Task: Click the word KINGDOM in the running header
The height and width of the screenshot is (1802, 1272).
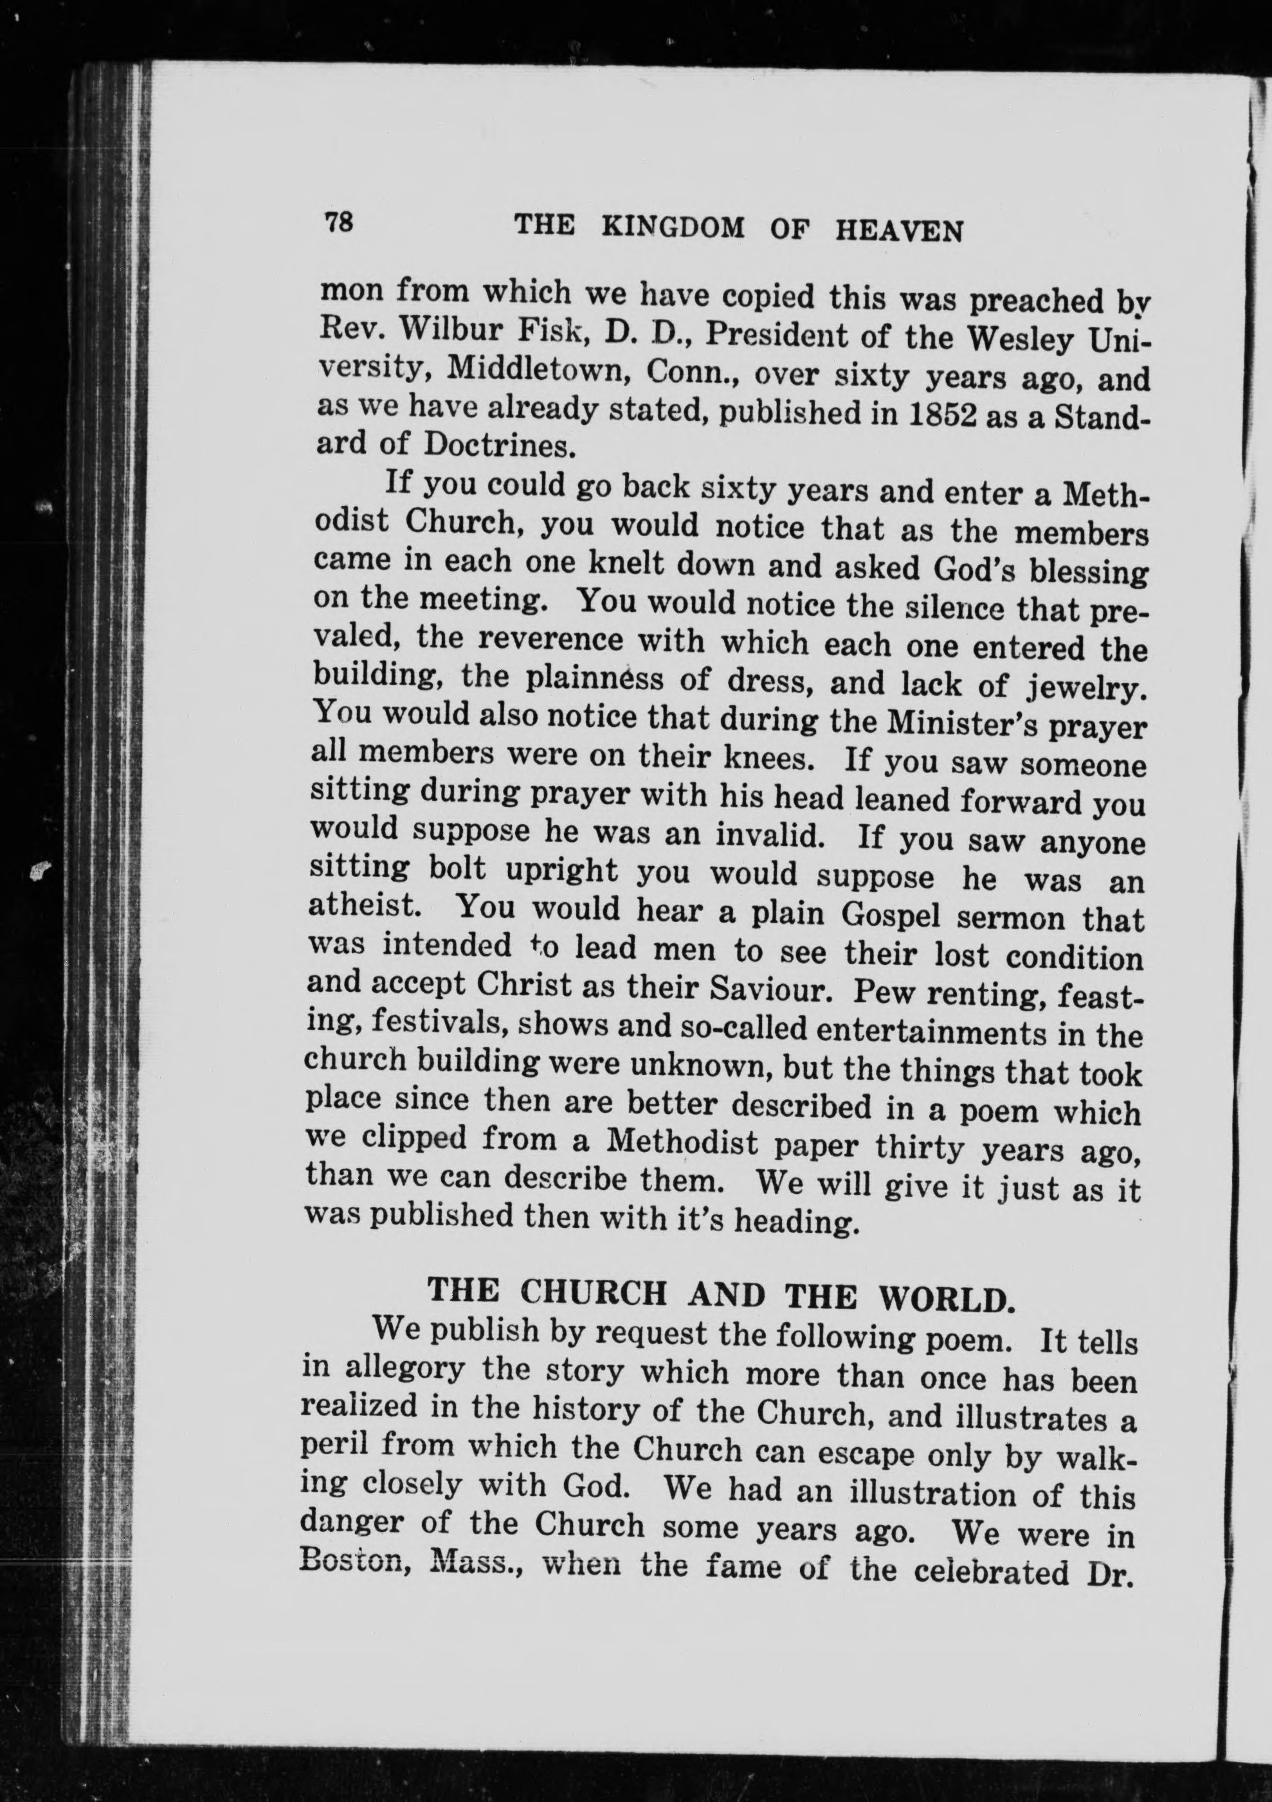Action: [x=673, y=228]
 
